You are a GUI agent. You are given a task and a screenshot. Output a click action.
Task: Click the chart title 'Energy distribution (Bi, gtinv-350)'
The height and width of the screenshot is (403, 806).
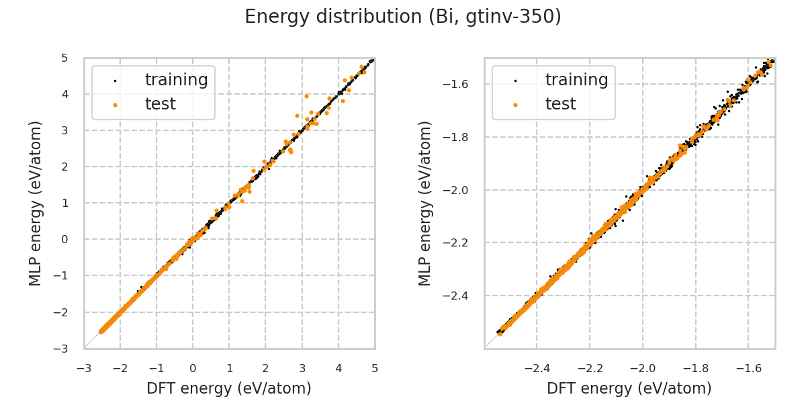coord(403,17)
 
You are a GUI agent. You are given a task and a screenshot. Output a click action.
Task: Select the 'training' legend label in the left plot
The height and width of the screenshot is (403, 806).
coord(176,80)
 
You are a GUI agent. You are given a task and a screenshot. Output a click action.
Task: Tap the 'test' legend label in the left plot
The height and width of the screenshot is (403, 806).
coord(160,104)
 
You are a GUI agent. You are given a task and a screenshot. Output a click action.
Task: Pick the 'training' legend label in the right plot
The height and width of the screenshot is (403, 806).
coord(576,80)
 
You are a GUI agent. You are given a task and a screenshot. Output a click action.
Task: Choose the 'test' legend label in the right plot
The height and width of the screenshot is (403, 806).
coord(560,104)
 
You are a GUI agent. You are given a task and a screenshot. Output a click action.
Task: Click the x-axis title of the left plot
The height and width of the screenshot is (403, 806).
coord(229,388)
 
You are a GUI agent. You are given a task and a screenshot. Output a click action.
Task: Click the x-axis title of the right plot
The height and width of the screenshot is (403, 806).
coord(629,388)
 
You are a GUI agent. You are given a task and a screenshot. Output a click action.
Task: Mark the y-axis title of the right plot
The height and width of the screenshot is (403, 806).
coord(425,203)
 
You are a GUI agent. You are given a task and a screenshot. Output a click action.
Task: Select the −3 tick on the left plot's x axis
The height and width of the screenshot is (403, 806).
coord(84,368)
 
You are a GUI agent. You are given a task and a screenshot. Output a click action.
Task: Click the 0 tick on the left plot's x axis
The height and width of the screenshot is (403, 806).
coord(193,368)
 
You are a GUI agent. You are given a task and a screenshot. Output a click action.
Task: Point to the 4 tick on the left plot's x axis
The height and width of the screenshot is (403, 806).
coord(338,368)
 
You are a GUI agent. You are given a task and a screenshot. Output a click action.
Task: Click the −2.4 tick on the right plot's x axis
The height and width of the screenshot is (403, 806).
coord(537,368)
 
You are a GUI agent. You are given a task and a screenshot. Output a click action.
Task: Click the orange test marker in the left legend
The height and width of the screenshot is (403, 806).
coord(115,105)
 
